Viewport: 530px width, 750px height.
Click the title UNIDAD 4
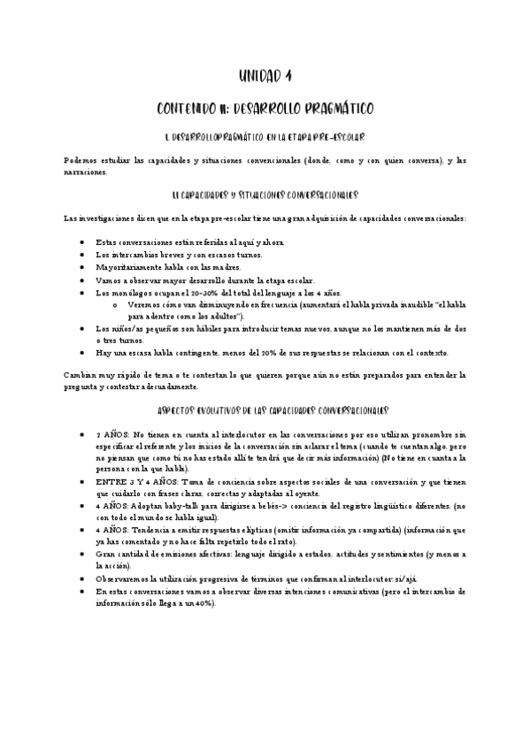pyautogui.click(x=265, y=75)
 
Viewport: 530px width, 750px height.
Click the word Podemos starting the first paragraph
pyautogui.click(x=84, y=160)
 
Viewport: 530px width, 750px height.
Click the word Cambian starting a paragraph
pyautogui.click(x=82, y=375)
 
